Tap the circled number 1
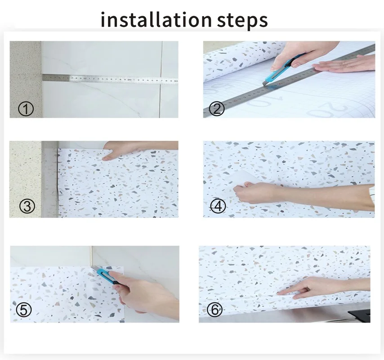[26, 108]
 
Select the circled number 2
[217, 108]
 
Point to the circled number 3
[27, 207]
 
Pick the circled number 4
[218, 206]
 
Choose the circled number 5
[23, 310]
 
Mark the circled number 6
[215, 310]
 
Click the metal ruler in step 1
[112, 79]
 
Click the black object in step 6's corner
[360, 314]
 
